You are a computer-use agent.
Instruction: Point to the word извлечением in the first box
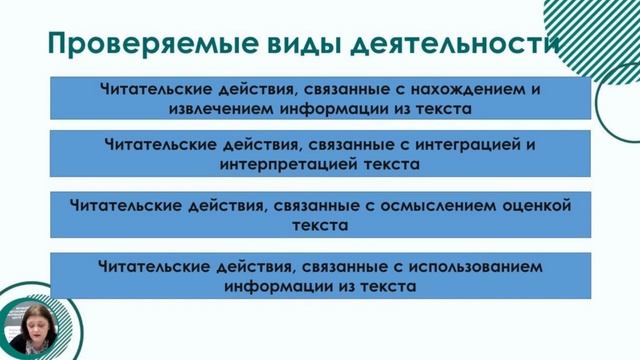pyautogui.click(x=224, y=107)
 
